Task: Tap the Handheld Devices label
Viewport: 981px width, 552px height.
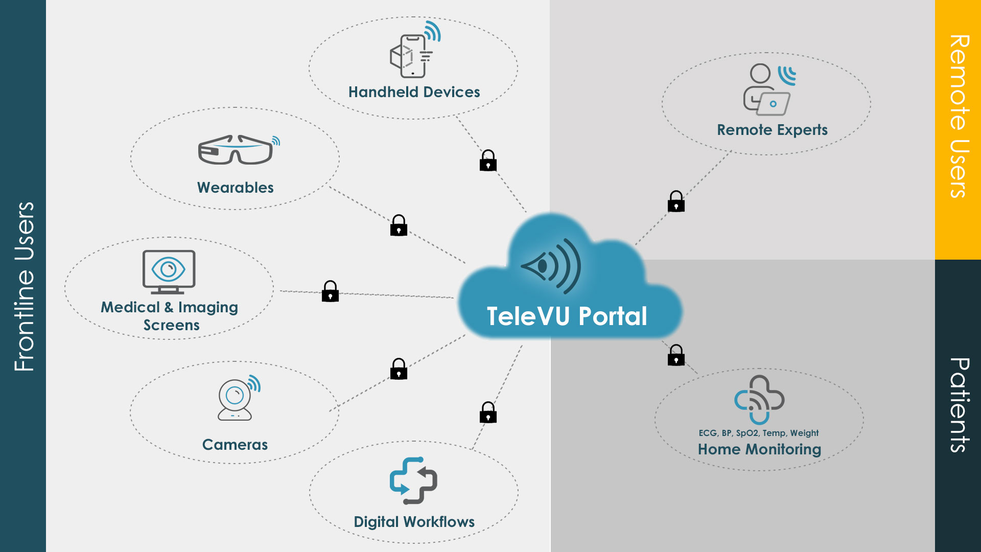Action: [x=414, y=92]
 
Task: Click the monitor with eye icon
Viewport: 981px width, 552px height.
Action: [x=169, y=271]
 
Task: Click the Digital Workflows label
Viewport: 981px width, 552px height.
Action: [x=414, y=522]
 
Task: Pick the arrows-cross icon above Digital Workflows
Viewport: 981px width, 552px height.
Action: [x=413, y=480]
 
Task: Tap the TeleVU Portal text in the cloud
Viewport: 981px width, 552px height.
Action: [x=567, y=316]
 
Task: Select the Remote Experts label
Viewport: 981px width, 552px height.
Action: [x=772, y=130]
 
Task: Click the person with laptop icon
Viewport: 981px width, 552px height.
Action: [x=767, y=90]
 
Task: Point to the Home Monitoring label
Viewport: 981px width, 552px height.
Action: [x=759, y=449]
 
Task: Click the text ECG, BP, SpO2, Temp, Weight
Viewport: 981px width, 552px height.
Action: [x=759, y=433]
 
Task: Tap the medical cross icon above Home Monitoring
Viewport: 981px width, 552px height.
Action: [x=759, y=400]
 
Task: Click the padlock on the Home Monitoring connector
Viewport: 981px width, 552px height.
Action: [x=676, y=355]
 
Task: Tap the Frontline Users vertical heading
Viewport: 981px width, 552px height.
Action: [x=24, y=286]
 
